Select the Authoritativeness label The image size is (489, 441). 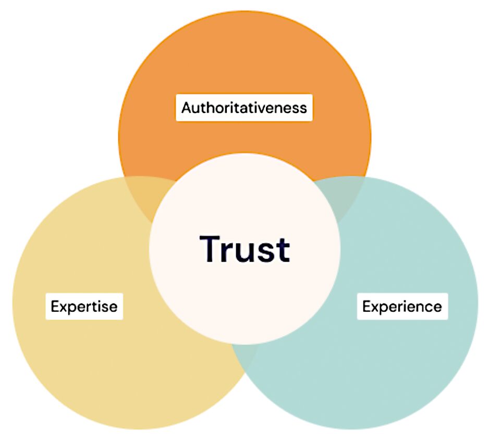tap(244, 107)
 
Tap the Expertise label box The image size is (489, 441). tap(84, 307)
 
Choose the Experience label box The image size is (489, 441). tap(402, 307)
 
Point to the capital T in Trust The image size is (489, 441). tap(210, 249)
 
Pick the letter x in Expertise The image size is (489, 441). tap(63, 308)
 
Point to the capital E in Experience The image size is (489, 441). tap(366, 307)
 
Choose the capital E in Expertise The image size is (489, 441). tap(55, 307)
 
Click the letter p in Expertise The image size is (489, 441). tap(72, 309)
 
